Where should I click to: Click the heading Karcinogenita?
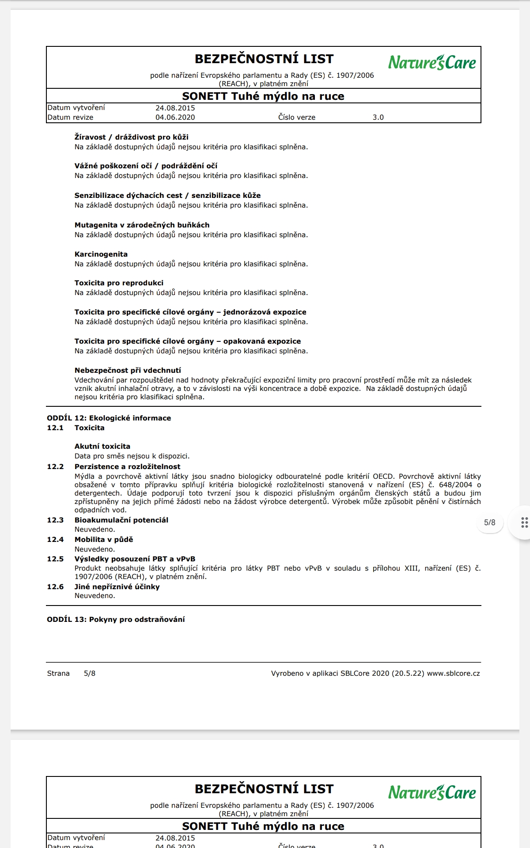click(x=101, y=254)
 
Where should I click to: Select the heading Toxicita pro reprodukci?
click(x=119, y=283)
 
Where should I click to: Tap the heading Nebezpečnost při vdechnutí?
click(x=128, y=371)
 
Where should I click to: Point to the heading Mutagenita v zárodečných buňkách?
click(x=142, y=225)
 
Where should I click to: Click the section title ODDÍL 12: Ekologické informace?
click(x=109, y=418)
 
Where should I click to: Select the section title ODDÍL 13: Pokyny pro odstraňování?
click(x=116, y=620)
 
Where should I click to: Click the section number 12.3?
click(x=55, y=520)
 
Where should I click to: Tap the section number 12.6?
click(x=55, y=587)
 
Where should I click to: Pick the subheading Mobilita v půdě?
click(x=104, y=540)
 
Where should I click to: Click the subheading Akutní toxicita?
click(x=102, y=447)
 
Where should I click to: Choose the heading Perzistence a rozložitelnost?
click(x=127, y=467)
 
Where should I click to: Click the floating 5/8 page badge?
click(x=490, y=522)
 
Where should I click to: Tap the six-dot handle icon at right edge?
click(x=524, y=522)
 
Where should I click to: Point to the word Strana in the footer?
click(x=58, y=674)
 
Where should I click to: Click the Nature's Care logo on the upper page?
click(x=432, y=62)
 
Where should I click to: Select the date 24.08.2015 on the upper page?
click(x=175, y=108)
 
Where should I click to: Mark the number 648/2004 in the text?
click(x=455, y=485)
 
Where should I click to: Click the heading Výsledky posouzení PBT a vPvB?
click(x=135, y=559)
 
